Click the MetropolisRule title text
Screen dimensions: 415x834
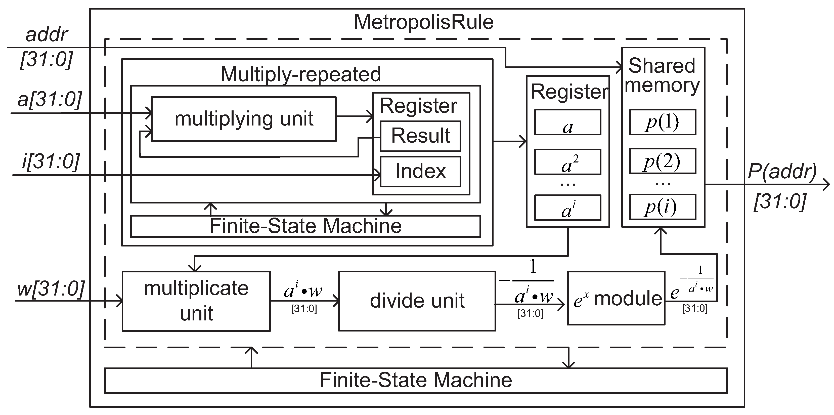423,22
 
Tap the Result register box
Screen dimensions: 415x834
420,136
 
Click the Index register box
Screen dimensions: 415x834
420,172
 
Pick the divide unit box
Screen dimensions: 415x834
417,301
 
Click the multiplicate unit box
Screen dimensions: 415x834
196,301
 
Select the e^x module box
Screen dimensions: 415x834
616,298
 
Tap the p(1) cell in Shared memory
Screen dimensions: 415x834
663,122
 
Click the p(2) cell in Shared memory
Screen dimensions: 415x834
663,161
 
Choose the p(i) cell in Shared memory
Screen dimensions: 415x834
663,207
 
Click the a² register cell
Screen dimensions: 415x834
567,162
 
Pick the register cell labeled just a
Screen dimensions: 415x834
567,122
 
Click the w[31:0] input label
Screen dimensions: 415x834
51,288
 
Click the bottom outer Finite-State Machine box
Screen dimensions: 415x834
416,380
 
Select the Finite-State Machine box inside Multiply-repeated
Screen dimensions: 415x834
305,226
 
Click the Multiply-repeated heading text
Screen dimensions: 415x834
300,74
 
